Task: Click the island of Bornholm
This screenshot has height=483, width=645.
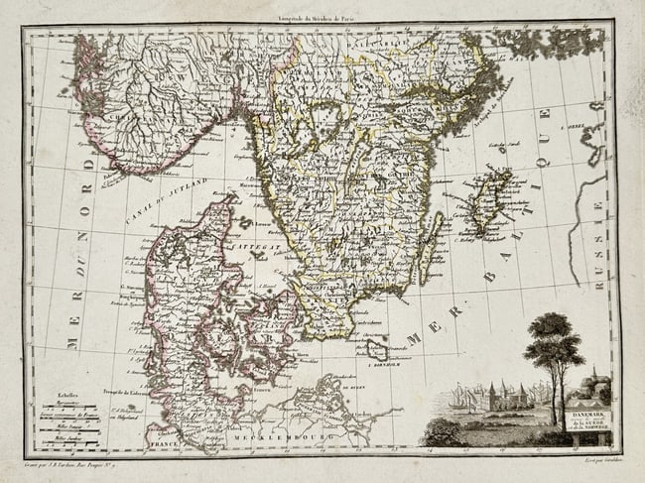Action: (375, 348)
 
